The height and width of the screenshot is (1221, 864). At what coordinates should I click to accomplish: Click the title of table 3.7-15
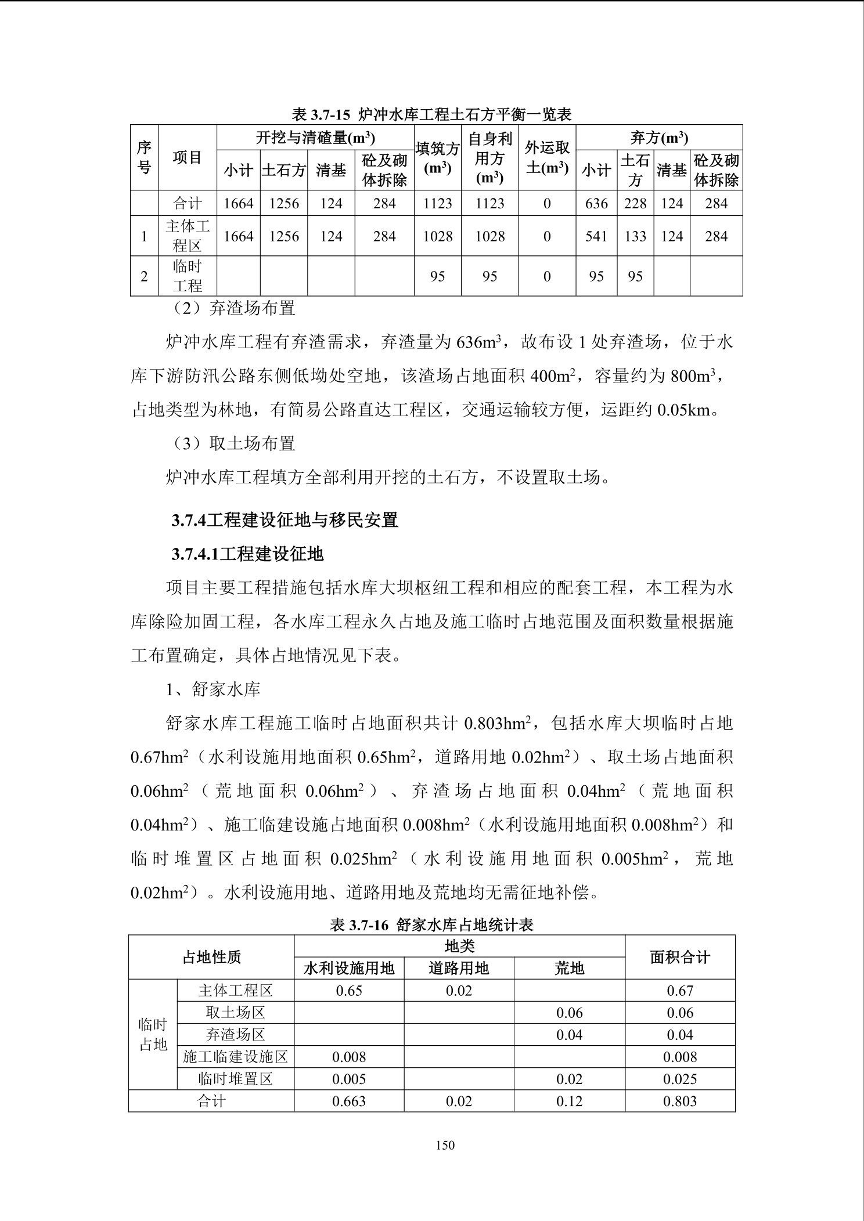(431, 114)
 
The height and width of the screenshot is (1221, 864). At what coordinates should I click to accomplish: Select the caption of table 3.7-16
(431, 924)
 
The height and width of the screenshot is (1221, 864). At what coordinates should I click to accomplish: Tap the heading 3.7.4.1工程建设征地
(247, 554)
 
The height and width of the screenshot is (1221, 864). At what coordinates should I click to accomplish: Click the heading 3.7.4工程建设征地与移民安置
(285, 520)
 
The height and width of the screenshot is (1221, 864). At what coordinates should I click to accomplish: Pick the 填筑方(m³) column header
(437, 158)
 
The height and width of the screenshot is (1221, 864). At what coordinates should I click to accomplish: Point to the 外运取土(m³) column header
(546, 158)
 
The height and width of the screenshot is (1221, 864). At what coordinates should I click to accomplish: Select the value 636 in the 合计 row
(596, 204)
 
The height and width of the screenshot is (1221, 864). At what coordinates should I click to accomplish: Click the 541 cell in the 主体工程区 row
(596, 236)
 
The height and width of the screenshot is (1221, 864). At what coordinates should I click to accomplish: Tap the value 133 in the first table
(635, 236)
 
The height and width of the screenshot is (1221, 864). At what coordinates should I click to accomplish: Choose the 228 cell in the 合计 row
(635, 204)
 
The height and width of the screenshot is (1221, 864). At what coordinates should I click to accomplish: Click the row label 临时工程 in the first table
(188, 276)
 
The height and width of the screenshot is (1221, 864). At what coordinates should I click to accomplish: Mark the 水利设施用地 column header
(349, 968)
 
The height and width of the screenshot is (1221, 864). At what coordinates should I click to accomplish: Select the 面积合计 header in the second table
(680, 957)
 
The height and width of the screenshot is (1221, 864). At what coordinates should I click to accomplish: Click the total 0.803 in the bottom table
(680, 1101)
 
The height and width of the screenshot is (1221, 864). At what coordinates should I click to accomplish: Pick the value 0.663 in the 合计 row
(349, 1101)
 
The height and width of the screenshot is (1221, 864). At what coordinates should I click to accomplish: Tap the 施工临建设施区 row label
(235, 1057)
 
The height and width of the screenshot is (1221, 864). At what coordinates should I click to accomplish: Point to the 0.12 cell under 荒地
(569, 1101)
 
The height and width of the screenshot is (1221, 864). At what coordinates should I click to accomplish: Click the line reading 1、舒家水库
(213, 689)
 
